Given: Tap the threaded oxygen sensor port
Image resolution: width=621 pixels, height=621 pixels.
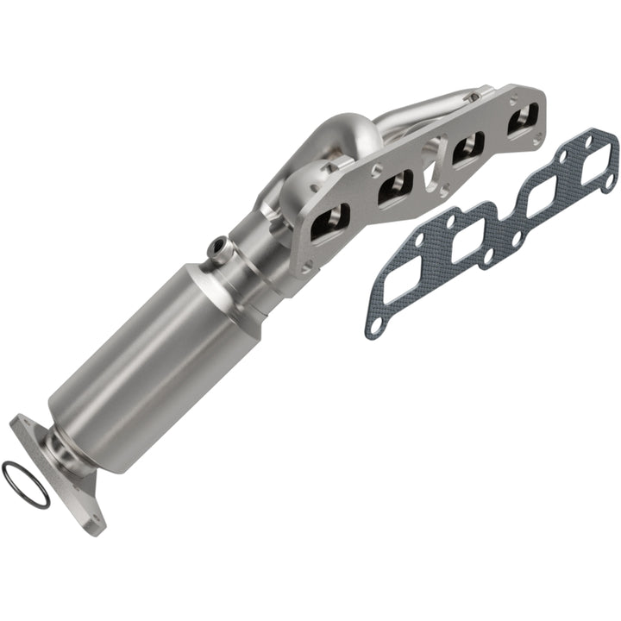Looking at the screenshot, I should (218, 250).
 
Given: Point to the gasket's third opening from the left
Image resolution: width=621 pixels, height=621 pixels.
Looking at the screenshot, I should (539, 196).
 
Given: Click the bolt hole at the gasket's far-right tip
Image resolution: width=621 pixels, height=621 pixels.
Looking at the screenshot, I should (611, 180).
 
